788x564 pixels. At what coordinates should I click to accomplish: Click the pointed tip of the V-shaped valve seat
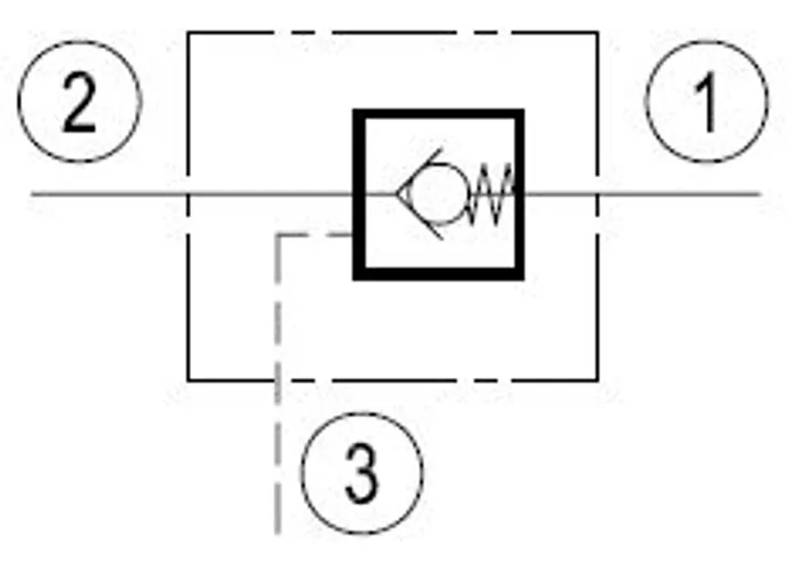pos(397,194)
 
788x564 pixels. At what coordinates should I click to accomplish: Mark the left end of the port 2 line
pos(33,194)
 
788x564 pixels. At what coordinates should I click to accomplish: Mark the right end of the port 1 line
pos(759,194)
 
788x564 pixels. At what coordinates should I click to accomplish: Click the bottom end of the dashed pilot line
pos(278,533)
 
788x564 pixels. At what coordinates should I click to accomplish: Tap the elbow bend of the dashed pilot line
pos(278,234)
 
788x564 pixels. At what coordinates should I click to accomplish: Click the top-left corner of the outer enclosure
pos(188,32)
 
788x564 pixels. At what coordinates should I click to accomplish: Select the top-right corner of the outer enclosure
pos(598,32)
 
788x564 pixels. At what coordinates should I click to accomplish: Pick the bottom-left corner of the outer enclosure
pos(188,381)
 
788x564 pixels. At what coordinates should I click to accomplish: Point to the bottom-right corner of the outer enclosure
pos(598,381)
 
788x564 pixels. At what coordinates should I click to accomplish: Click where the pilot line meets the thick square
pos(354,234)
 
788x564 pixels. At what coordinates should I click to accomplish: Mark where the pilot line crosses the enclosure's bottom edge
pos(278,381)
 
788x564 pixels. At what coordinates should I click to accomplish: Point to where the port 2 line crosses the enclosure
pos(188,194)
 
